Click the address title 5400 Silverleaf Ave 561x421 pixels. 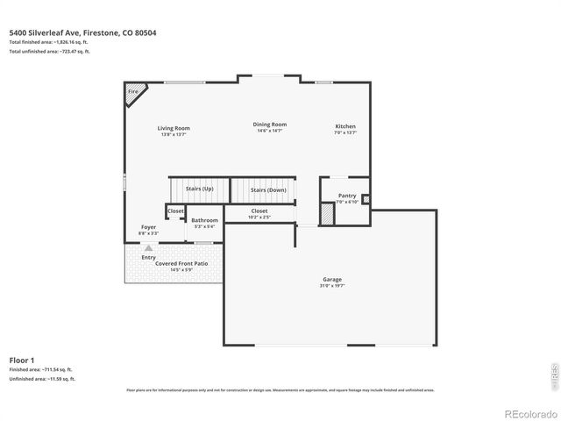(82, 33)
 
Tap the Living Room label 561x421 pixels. (174, 128)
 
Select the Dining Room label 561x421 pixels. (270, 125)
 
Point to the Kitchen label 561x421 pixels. (344, 127)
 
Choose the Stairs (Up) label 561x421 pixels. (198, 189)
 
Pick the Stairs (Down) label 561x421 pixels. (268, 189)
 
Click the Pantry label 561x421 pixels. (346, 196)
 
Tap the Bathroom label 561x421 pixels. (204, 220)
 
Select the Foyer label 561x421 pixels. (148, 227)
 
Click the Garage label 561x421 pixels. (331, 280)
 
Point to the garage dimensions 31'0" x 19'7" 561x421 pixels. (331, 286)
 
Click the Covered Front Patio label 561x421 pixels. (181, 263)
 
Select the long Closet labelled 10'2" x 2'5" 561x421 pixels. (259, 212)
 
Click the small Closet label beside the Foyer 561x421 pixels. (175, 210)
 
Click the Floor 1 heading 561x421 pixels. (22, 360)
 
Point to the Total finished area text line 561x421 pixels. (48, 43)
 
